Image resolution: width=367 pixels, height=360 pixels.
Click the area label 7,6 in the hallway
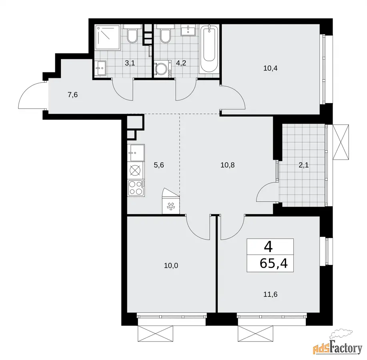click(x=72, y=95)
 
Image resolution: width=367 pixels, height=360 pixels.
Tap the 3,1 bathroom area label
click(x=130, y=63)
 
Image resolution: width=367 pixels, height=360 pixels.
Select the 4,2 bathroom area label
click(x=181, y=63)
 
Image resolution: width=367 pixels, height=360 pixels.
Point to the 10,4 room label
click(x=270, y=68)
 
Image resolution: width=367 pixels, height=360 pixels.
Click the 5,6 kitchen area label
click(x=159, y=165)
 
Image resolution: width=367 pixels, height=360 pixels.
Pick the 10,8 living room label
click(x=227, y=165)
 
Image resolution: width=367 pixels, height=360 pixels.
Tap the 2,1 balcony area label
click(x=304, y=165)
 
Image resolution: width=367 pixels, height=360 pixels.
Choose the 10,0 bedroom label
click(x=171, y=266)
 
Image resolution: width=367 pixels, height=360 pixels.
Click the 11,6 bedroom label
click(x=270, y=294)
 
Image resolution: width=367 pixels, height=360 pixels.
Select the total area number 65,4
click(x=274, y=264)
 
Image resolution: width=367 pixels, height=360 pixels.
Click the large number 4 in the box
click(x=268, y=247)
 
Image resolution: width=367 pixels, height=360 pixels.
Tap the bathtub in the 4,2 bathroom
click(x=209, y=50)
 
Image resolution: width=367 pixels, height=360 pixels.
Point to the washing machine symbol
click(x=163, y=69)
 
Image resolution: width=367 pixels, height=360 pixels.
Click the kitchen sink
click(x=136, y=153)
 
